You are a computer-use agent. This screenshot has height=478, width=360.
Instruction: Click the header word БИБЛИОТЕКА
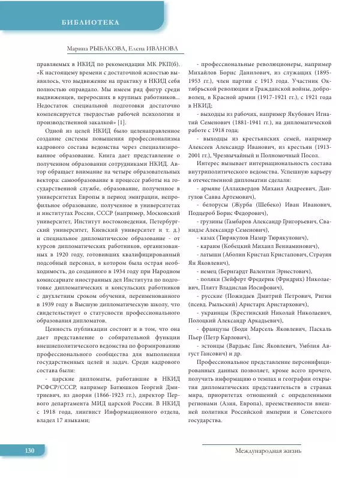pos(91,23)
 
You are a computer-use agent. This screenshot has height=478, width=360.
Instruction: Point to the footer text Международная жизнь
pos(268,450)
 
